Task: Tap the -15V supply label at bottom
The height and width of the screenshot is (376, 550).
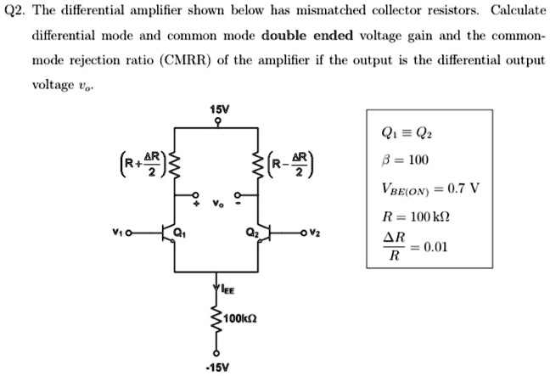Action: [216, 368]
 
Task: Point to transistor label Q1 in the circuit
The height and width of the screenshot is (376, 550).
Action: [180, 232]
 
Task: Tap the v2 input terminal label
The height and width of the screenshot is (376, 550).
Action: [316, 233]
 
